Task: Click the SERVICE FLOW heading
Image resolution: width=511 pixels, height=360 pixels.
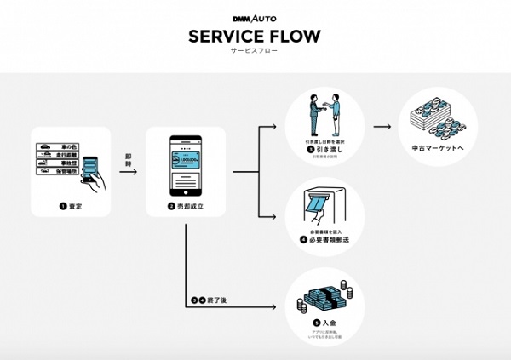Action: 255,35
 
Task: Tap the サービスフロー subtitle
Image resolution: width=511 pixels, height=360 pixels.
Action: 255,50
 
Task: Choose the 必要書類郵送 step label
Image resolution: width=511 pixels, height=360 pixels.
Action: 325,241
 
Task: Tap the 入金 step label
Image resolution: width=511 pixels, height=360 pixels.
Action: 324,323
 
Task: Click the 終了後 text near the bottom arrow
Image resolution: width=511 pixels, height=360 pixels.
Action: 210,300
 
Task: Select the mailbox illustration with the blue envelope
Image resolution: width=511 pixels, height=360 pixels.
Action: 324,209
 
